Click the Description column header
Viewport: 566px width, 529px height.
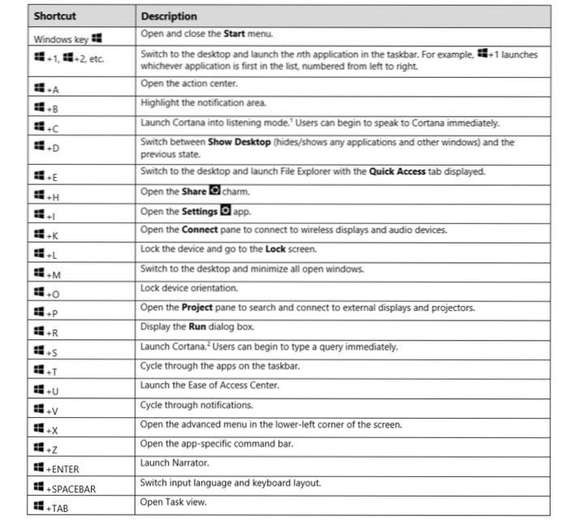169,15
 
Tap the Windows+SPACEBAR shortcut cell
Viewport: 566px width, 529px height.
70,488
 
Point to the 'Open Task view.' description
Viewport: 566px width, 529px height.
174,501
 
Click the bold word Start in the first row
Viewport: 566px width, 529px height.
236,33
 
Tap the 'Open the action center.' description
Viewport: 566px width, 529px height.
188,83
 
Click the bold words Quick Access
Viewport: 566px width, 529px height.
398,172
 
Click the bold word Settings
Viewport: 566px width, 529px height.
199,211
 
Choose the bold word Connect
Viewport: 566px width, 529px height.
198,230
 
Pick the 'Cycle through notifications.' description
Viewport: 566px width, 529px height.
197,404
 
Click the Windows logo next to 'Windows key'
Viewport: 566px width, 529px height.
97,37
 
